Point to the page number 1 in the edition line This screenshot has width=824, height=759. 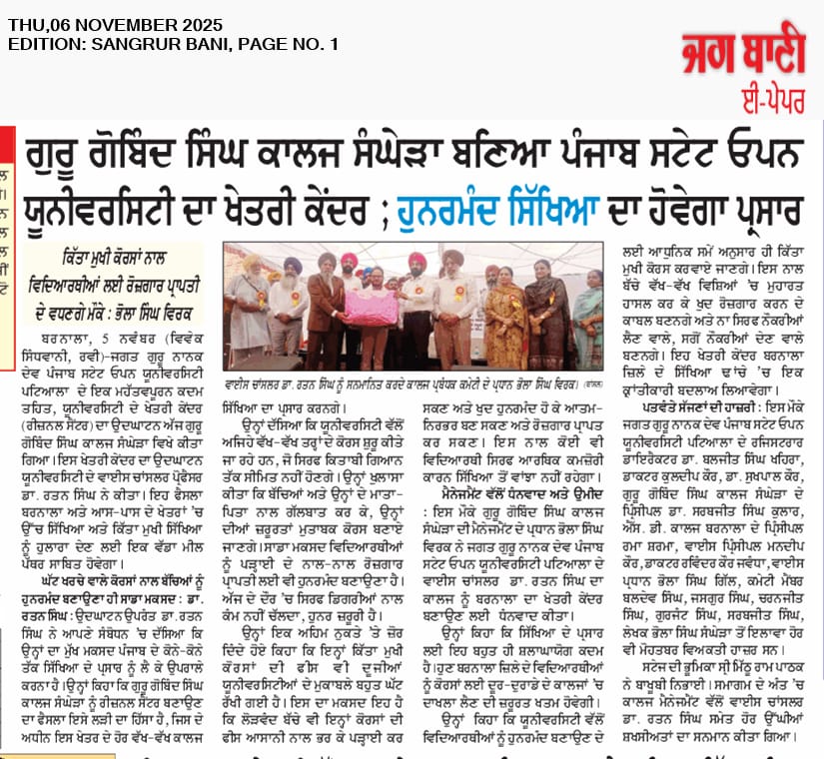[334, 44]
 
